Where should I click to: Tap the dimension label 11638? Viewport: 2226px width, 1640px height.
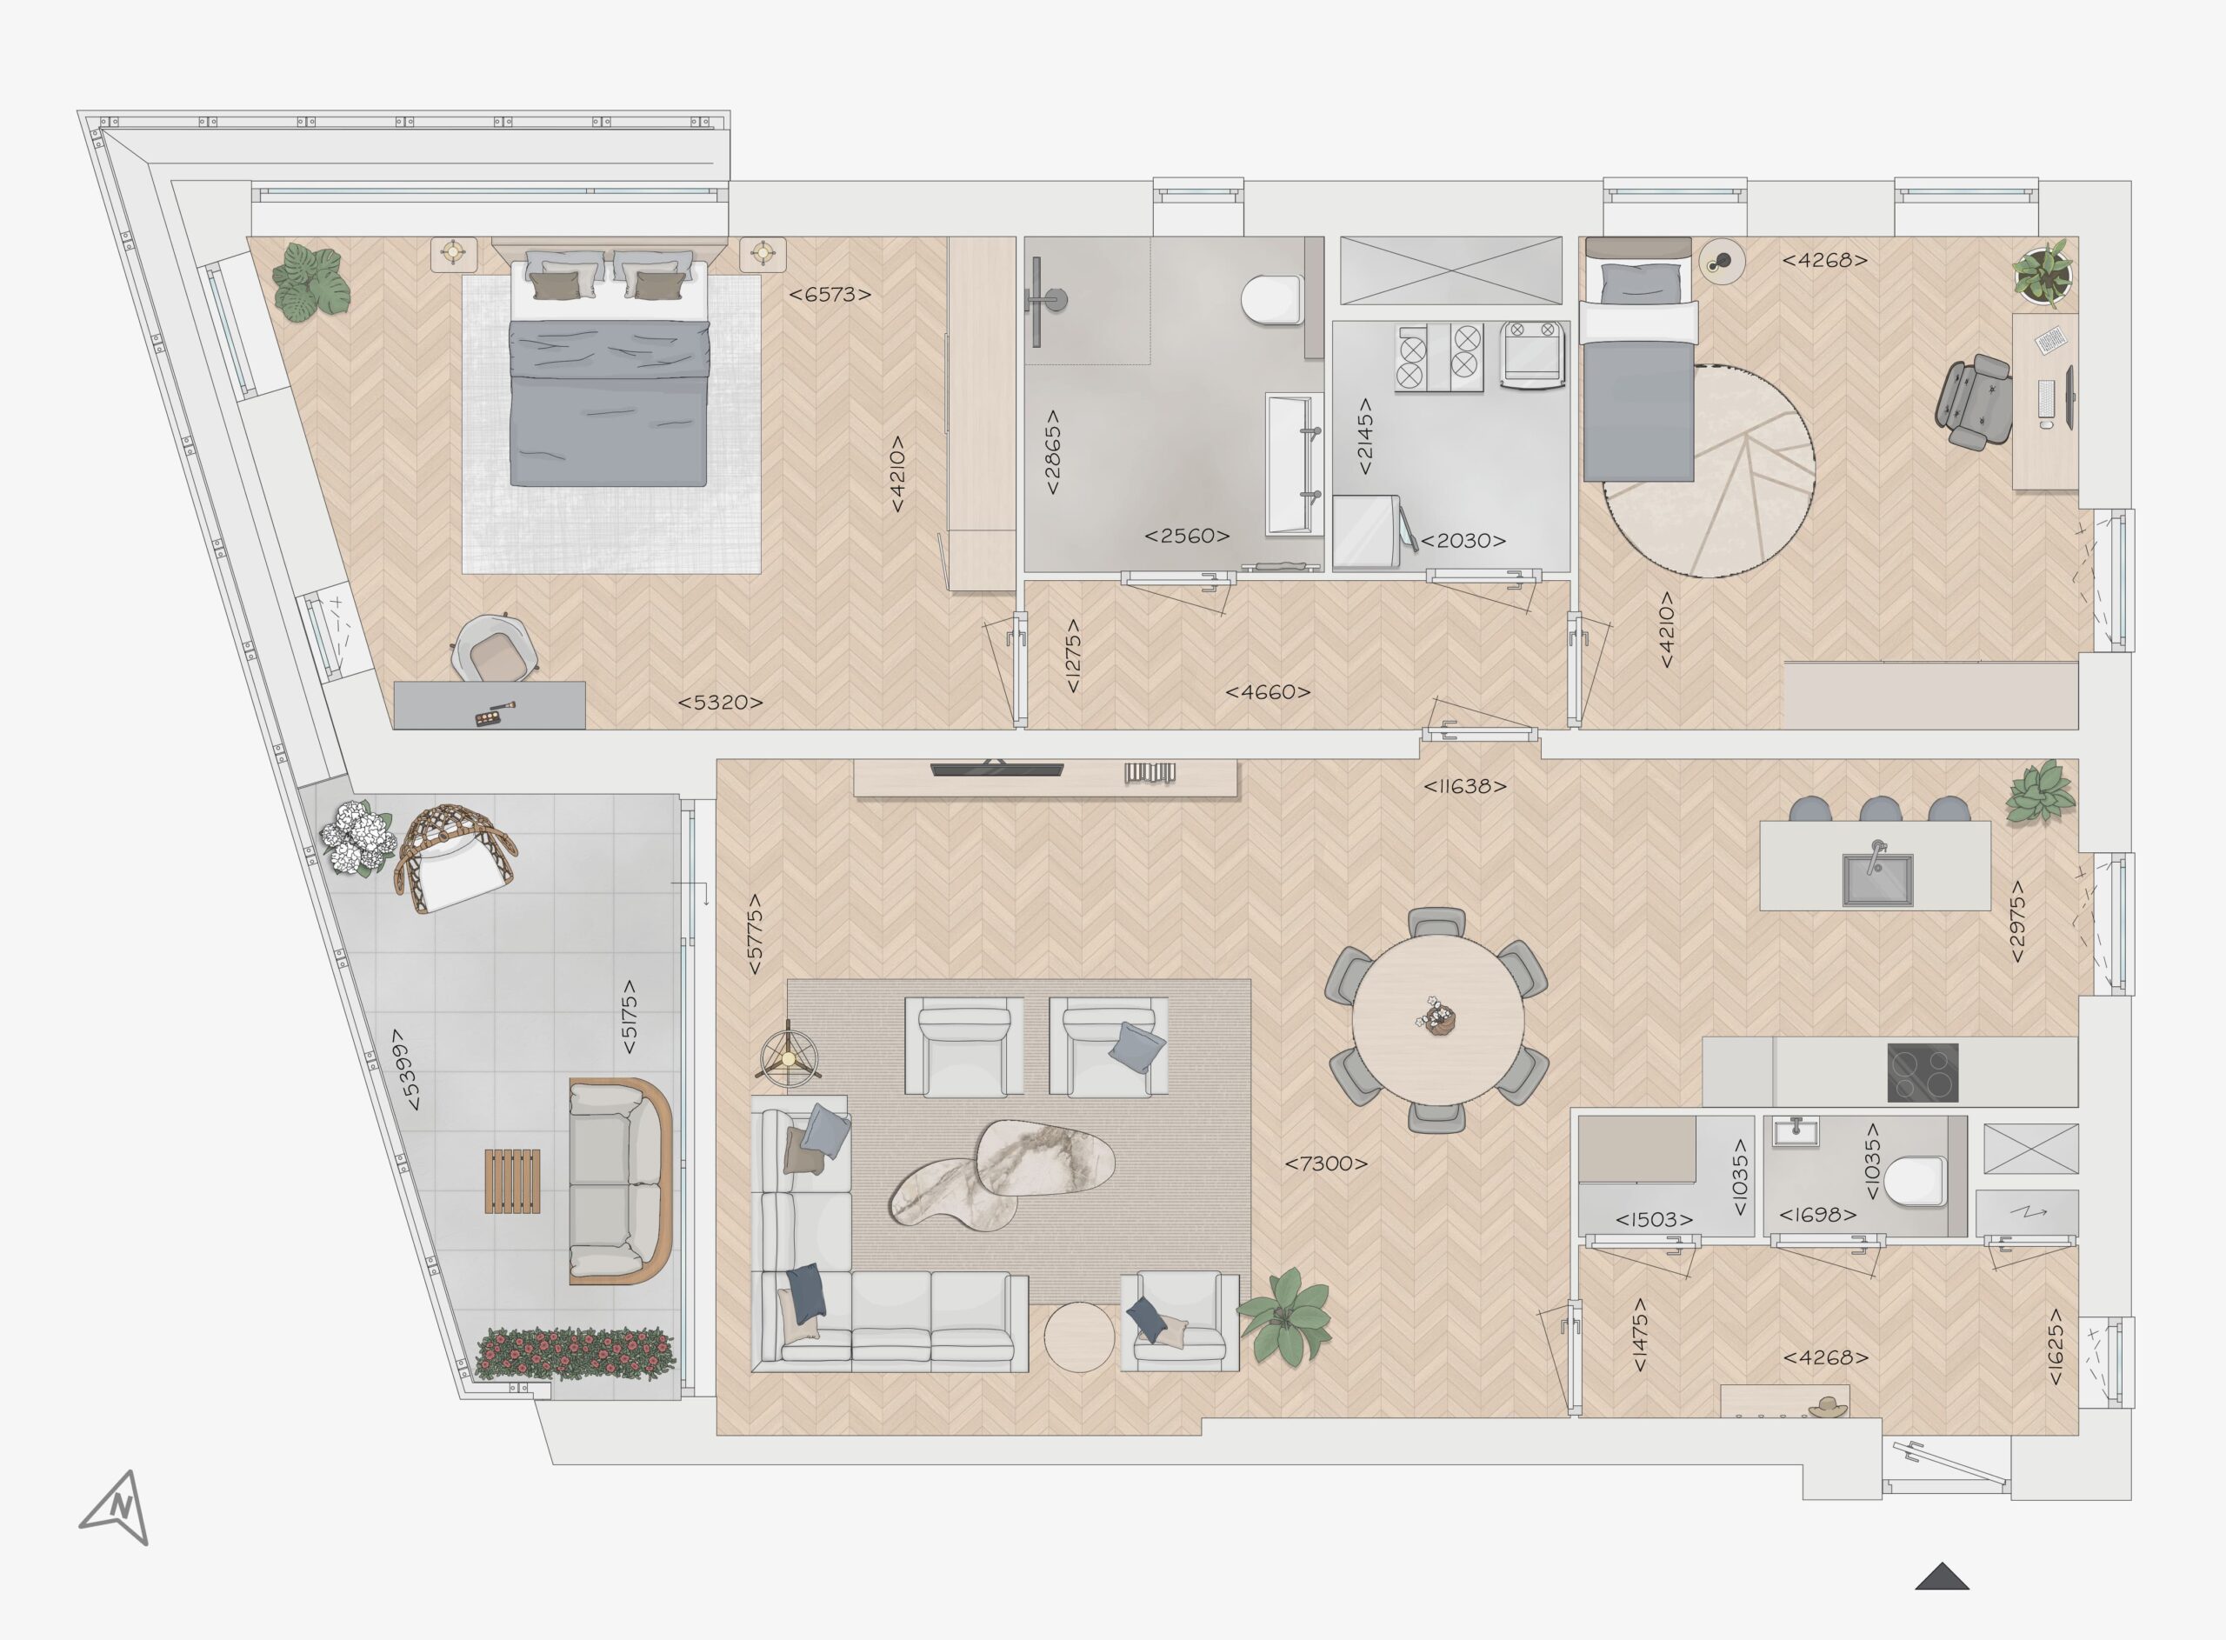[x=1465, y=786]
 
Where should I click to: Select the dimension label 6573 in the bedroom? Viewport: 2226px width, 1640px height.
[x=830, y=294]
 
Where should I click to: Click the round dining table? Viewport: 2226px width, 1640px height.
[x=1438, y=1019]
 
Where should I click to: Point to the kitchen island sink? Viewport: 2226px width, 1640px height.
[x=1877, y=877]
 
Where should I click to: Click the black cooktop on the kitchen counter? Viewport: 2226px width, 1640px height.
[x=1923, y=1072]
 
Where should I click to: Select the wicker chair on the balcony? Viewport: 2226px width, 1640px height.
[x=455, y=857]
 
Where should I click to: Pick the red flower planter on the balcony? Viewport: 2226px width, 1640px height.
[x=575, y=1354]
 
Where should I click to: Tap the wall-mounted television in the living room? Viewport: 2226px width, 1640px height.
[x=996, y=769]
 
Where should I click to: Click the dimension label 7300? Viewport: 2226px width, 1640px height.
[x=1326, y=1163]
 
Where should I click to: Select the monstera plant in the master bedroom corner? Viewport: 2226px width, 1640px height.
[x=310, y=280]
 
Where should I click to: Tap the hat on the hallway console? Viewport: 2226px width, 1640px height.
[x=1828, y=1406]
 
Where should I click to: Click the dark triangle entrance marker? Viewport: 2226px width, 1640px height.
[x=1941, y=1577]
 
